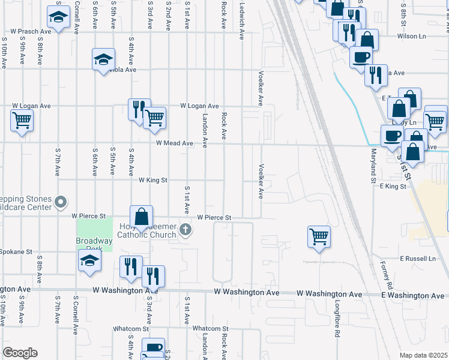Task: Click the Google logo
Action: click(x=20, y=353)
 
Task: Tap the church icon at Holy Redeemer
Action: click(x=186, y=229)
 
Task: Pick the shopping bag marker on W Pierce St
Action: click(x=141, y=217)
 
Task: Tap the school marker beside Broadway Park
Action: click(x=89, y=260)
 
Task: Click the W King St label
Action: click(x=152, y=180)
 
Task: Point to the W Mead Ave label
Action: click(x=174, y=143)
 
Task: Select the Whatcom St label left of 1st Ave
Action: click(x=131, y=329)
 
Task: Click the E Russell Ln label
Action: click(x=418, y=259)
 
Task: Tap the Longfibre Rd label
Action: click(x=337, y=316)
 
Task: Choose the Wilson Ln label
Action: click(x=411, y=36)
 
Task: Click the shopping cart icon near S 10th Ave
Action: click(x=22, y=121)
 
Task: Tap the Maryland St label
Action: click(x=373, y=166)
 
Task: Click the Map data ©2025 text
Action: click(x=423, y=355)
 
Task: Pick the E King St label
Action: click(x=393, y=187)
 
